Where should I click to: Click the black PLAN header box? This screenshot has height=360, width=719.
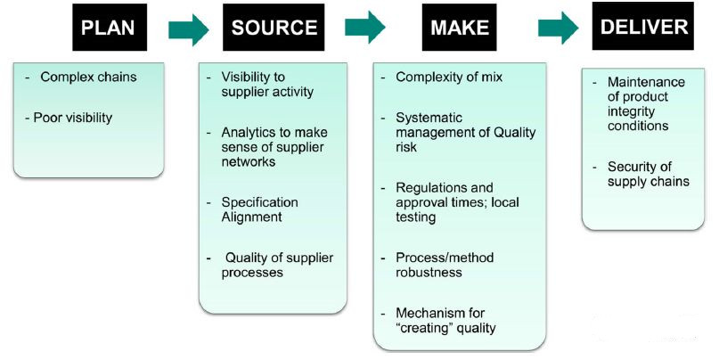tap(108, 27)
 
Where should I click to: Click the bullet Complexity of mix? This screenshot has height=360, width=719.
tap(448, 78)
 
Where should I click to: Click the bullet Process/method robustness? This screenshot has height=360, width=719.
tap(444, 265)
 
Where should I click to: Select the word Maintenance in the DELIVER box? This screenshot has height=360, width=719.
tap(635, 83)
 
